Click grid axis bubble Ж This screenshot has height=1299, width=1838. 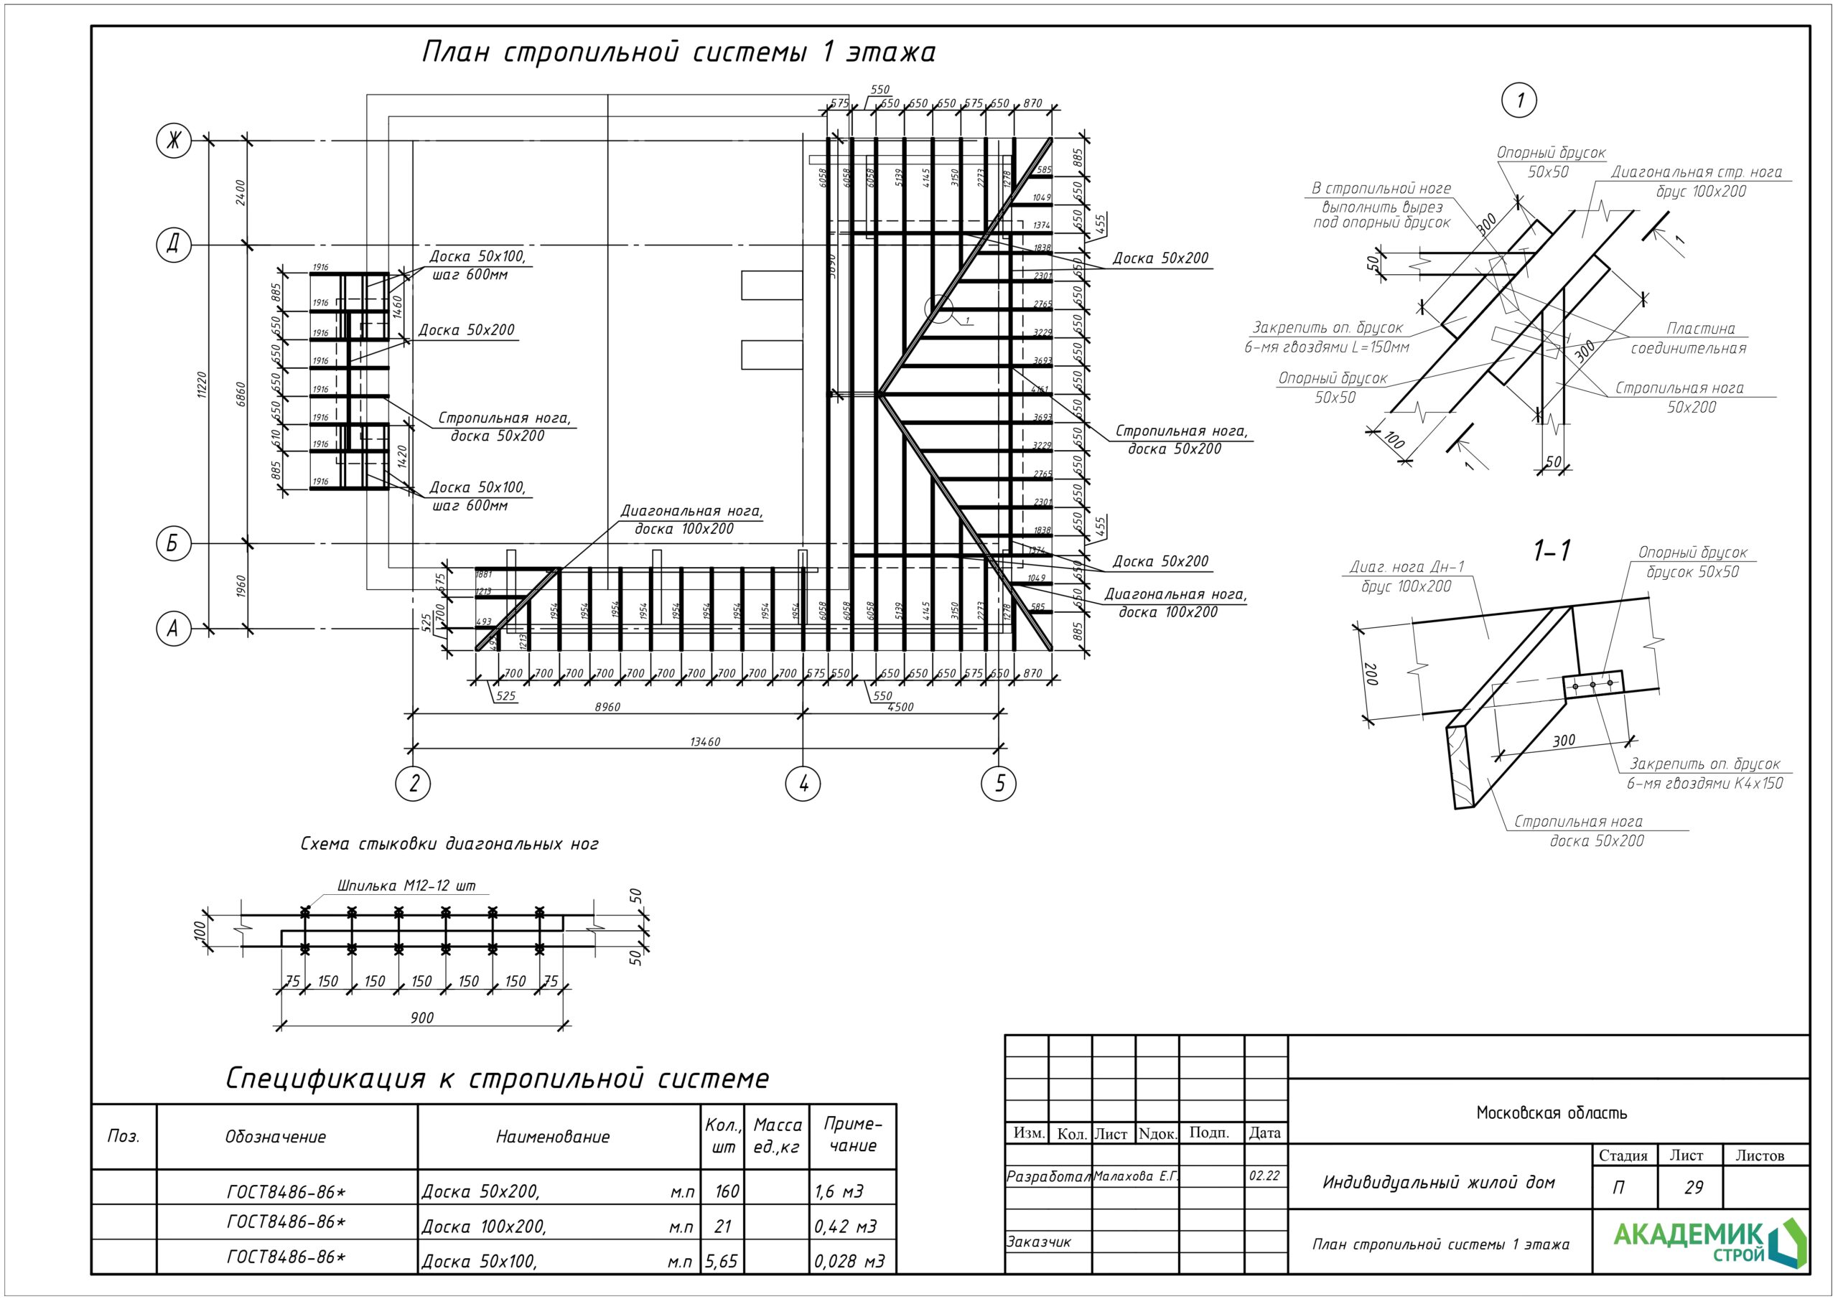pyautogui.click(x=174, y=141)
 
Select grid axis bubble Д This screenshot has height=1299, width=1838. pyautogui.click(x=174, y=244)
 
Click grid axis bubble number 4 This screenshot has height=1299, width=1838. pyautogui.click(x=803, y=784)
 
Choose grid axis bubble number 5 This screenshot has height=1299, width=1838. pyautogui.click(x=999, y=784)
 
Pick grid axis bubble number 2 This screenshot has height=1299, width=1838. pyautogui.click(x=413, y=784)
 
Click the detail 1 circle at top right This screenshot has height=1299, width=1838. pyautogui.click(x=1519, y=101)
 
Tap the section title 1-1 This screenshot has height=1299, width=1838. pyautogui.click(x=1552, y=550)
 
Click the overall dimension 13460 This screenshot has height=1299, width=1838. pyautogui.click(x=704, y=742)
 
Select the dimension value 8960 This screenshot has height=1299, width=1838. pyautogui.click(x=607, y=707)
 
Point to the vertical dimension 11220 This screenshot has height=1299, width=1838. pyautogui.click(x=202, y=384)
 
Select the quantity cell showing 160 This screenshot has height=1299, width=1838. pyautogui.click(x=726, y=1191)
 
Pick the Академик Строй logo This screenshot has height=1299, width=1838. pyautogui.click(x=1709, y=1242)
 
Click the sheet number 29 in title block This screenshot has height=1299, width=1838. pyautogui.click(x=1693, y=1187)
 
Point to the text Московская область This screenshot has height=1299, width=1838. pyautogui.click(x=1551, y=1112)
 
